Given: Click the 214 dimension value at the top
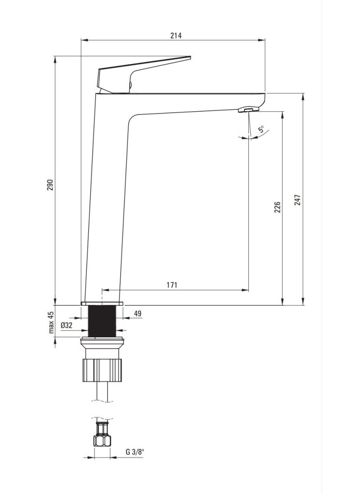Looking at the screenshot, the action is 176,35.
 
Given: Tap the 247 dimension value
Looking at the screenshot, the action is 297,200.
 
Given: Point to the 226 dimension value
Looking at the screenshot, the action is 277,207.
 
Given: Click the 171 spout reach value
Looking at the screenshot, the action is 172,285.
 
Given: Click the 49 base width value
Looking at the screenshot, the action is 138,313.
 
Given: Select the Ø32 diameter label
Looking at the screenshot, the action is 67,326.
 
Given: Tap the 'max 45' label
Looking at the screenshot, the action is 51,322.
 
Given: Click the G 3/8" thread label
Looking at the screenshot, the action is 135,452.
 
